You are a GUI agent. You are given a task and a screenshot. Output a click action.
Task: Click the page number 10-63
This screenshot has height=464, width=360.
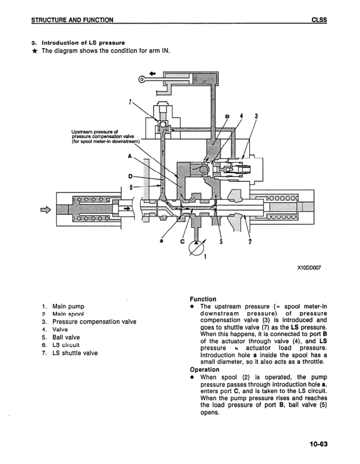click(x=315, y=445)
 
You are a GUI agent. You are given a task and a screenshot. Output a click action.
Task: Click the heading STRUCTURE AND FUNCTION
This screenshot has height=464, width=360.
click(x=73, y=20)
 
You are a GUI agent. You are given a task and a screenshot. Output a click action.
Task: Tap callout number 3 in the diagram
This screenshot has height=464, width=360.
click(x=256, y=115)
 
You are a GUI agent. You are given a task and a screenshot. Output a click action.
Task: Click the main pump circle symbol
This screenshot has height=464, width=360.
click(x=193, y=249)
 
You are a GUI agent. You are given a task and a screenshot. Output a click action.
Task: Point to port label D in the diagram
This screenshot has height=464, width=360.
click(x=130, y=175)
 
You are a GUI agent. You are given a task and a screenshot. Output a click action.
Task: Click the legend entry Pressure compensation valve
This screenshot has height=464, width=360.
click(x=94, y=321)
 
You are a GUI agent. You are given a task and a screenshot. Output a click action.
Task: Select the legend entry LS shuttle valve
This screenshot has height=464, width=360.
click(x=75, y=353)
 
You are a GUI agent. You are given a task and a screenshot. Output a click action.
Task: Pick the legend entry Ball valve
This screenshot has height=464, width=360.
click(x=66, y=337)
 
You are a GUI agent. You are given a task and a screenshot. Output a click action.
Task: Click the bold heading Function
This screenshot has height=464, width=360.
click(x=203, y=299)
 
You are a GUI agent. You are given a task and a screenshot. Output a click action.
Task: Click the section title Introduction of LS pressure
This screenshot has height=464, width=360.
click(x=82, y=43)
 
